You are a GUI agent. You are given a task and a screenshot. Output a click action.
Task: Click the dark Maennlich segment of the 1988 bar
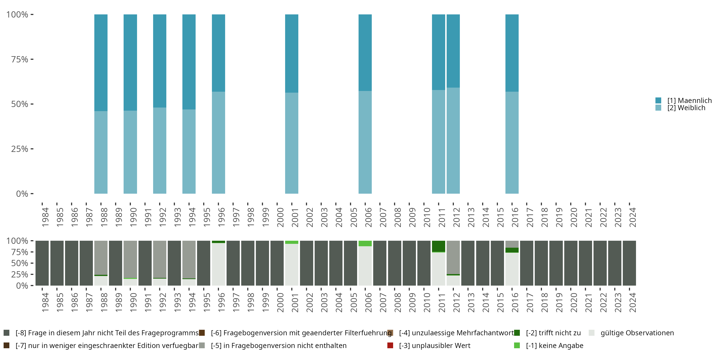pos(101,63)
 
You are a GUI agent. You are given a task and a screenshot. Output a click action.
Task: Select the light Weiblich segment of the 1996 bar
pos(218,143)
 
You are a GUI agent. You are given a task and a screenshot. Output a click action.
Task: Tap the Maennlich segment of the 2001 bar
pos(292,53)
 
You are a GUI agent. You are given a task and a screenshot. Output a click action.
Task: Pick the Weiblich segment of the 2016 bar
pos(512,143)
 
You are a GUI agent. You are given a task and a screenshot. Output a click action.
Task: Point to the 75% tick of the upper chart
pos(20,59)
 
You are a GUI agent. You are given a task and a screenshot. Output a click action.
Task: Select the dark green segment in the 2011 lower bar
pos(438,246)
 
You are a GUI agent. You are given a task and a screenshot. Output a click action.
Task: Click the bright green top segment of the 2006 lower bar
pos(365,243)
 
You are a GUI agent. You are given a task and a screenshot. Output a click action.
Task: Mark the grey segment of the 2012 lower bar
pos(453,257)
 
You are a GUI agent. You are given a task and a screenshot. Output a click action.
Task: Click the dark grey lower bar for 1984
pos(42,263)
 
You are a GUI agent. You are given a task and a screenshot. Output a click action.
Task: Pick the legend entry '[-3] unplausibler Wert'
pos(434,345)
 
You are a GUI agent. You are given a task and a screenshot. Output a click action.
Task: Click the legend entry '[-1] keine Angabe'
pos(554,345)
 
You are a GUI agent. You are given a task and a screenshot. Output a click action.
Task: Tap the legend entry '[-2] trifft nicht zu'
pos(553,333)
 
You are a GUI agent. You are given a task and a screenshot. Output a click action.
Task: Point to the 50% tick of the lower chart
pos(20,263)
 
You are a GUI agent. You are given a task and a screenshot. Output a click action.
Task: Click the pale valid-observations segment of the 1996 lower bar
pos(218,264)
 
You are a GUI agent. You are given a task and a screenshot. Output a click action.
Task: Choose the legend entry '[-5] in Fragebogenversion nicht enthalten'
pos(278,345)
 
